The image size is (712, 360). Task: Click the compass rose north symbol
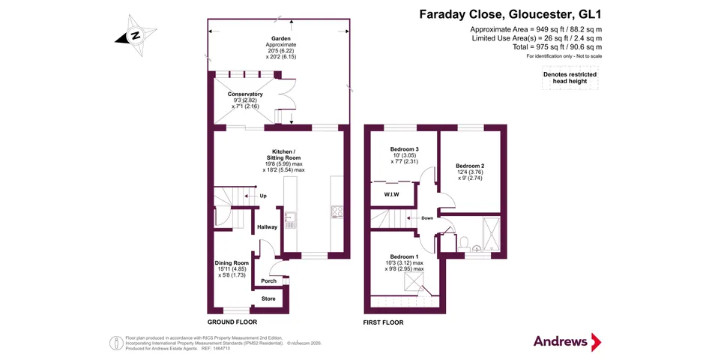[136, 35]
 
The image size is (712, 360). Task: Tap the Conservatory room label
[245, 94]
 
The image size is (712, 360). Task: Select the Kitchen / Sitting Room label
[283, 154]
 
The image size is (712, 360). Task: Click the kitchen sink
[290, 220]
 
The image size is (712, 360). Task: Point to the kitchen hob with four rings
[337, 212]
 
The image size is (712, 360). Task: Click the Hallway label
[267, 226]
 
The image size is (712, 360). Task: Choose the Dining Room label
[232, 262]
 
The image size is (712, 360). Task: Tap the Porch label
[269, 281]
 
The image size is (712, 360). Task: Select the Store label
[268, 298]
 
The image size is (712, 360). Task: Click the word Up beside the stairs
[263, 196]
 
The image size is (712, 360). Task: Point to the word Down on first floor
[427, 218]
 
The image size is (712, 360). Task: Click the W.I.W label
[391, 195]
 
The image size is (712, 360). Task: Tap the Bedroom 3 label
[404, 149]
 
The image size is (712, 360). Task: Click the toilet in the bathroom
[464, 243]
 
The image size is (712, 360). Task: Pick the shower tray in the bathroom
[492, 234]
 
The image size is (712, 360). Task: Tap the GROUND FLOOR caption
[232, 322]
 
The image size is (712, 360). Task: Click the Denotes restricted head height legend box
[570, 78]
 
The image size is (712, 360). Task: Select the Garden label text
[281, 39]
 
